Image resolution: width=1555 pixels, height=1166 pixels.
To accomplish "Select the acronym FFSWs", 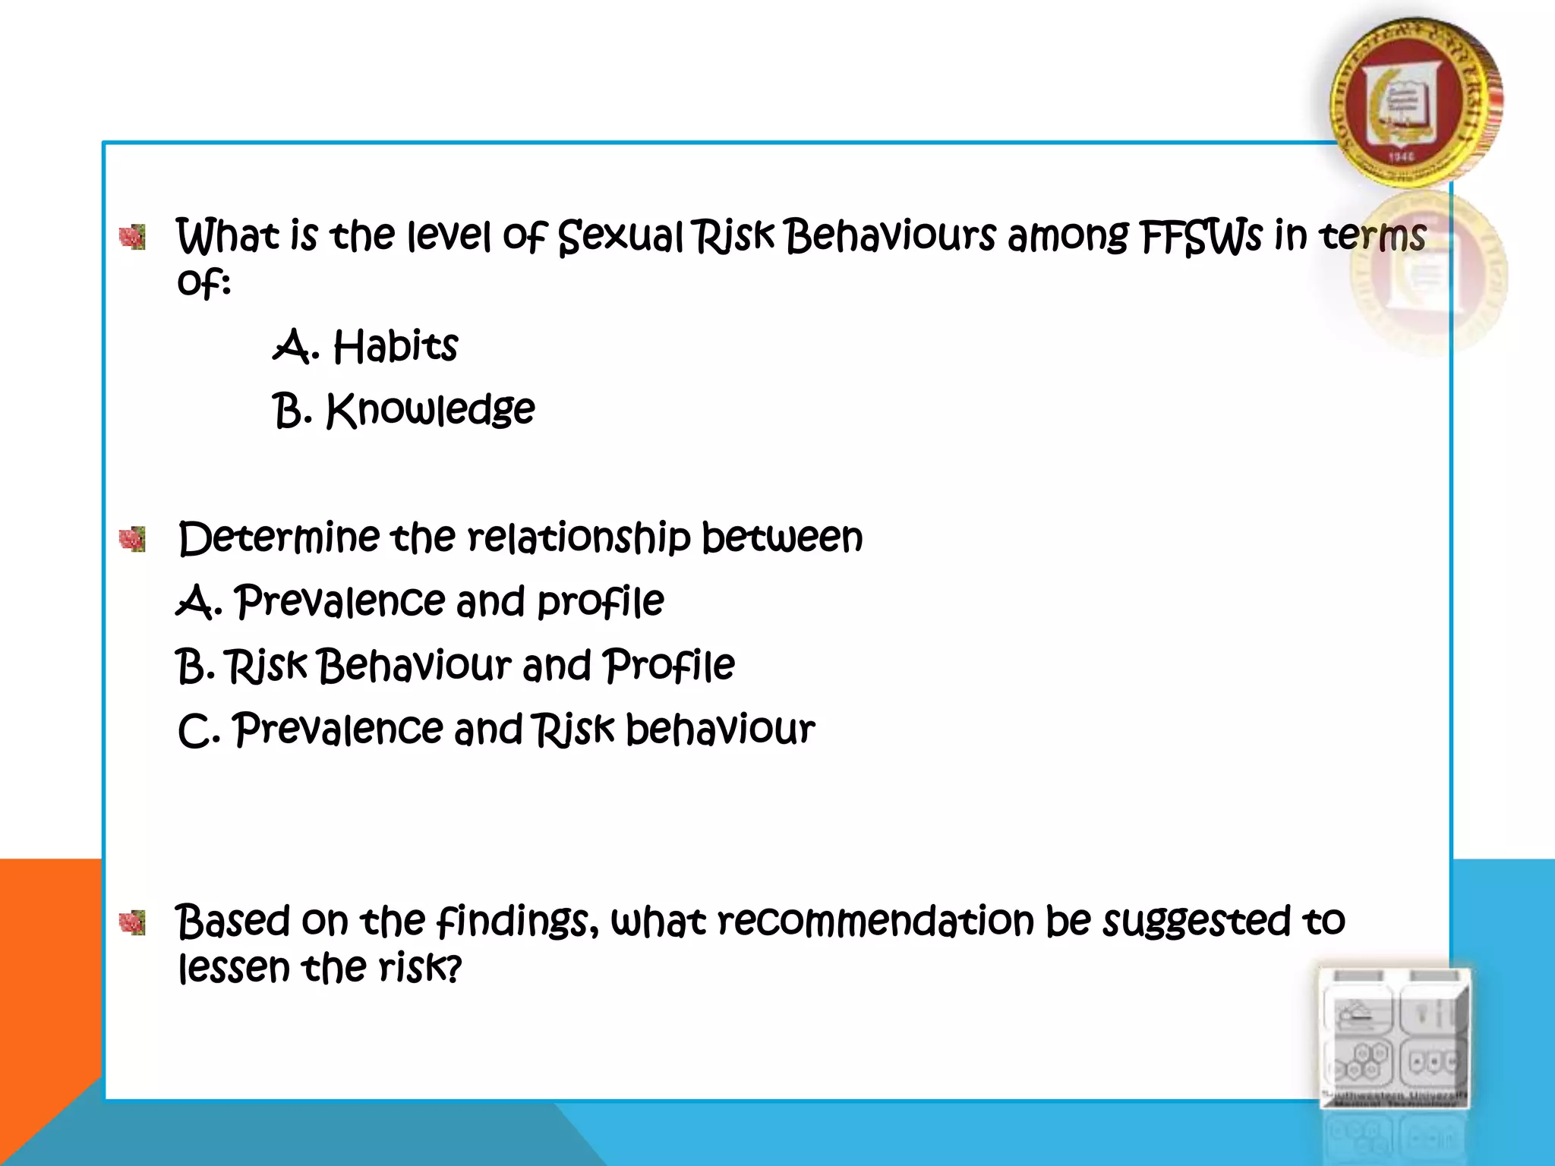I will [x=1200, y=236].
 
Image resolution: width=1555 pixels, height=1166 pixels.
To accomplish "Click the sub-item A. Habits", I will [x=365, y=347].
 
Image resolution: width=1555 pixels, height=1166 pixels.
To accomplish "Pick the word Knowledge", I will [x=431, y=411].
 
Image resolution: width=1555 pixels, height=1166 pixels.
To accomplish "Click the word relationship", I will [x=579, y=538].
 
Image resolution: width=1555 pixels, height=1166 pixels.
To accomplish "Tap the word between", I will [x=782, y=538].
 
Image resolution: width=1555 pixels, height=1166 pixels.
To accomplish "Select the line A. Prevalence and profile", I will [x=420, y=602].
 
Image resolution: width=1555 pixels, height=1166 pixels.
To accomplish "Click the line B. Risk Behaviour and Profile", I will [x=456, y=666].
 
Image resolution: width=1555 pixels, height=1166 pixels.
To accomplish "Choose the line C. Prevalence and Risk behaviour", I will [x=496, y=730].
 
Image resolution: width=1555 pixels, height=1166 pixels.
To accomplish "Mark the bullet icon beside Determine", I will [x=133, y=540].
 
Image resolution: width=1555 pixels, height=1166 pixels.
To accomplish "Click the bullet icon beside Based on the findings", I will [x=133, y=922].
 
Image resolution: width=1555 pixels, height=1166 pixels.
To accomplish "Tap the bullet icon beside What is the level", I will [x=133, y=238].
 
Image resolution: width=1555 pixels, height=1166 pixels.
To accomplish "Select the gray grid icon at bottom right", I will [x=1395, y=1038].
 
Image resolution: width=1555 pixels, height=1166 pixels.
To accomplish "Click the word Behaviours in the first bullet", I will [x=889, y=236].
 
